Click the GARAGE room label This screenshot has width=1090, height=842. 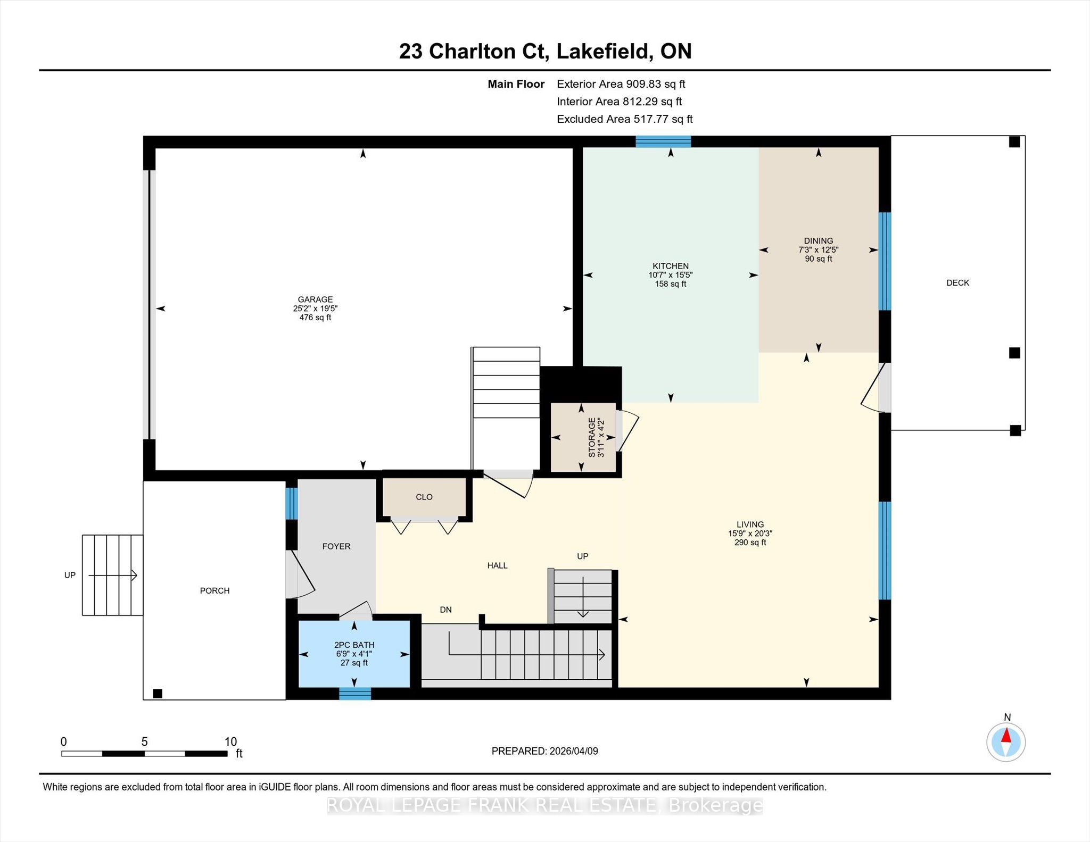[x=315, y=299]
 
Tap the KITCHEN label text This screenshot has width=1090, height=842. [x=671, y=266]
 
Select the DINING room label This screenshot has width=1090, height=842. [x=819, y=241]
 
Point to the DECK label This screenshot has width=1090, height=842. [x=957, y=283]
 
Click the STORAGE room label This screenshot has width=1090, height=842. [x=592, y=438]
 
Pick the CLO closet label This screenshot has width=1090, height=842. [x=424, y=497]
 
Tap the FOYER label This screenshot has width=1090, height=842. [x=336, y=546]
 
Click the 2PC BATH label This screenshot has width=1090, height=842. [x=354, y=645]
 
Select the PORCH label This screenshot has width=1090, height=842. [x=214, y=590]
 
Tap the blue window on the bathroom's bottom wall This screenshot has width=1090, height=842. [x=355, y=694]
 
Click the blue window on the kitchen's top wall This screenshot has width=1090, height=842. [x=663, y=141]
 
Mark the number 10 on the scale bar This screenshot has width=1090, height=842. [x=230, y=742]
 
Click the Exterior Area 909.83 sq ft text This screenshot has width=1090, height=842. [x=621, y=84]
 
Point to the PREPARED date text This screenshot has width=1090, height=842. [x=544, y=751]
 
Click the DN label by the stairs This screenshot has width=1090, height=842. [x=445, y=610]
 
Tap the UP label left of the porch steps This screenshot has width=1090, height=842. [x=70, y=575]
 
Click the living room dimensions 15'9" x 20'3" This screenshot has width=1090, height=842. [x=750, y=533]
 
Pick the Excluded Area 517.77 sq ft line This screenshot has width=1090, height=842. [x=624, y=119]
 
